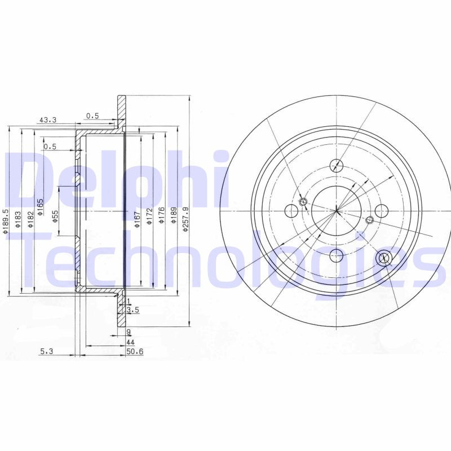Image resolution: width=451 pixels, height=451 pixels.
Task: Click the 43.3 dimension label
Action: pyautogui.click(x=47, y=120)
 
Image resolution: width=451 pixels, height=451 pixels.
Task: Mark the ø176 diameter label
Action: pyautogui.click(x=162, y=216)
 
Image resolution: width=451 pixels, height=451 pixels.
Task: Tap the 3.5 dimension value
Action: pyautogui.click(x=133, y=310)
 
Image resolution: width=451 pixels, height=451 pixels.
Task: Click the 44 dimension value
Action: pyautogui.click(x=130, y=342)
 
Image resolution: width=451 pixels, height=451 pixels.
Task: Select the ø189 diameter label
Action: pyautogui.click(x=174, y=216)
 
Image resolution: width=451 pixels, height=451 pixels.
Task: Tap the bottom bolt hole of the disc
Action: pyautogui.click(x=337, y=255)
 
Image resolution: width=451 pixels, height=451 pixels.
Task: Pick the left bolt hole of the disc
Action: pyautogui.click(x=292, y=211)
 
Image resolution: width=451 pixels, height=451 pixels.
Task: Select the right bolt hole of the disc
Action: pyautogui.click(x=382, y=211)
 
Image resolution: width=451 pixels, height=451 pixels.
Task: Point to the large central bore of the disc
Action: pyautogui.click(x=337, y=211)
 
